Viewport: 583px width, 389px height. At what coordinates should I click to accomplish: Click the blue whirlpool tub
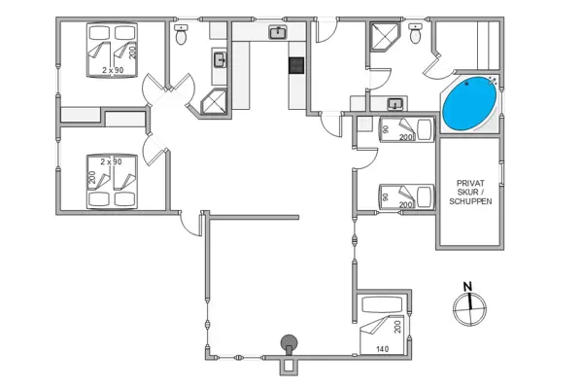(470, 104)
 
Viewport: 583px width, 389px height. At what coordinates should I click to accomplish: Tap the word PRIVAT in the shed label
(470, 183)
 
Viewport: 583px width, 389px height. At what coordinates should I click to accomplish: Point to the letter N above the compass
(467, 286)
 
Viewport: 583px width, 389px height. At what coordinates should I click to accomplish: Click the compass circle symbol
(469, 308)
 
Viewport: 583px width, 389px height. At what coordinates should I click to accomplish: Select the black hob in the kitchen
(296, 65)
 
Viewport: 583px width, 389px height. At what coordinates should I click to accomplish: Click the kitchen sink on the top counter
(278, 33)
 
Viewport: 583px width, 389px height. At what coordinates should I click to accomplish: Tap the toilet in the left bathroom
(181, 34)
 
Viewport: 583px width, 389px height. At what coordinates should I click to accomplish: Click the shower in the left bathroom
(214, 101)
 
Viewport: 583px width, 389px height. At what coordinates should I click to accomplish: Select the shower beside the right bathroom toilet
(384, 36)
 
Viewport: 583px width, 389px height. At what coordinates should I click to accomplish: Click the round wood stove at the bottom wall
(289, 343)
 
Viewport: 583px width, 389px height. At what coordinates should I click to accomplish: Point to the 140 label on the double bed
(382, 349)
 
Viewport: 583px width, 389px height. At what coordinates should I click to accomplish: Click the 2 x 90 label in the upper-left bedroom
(113, 70)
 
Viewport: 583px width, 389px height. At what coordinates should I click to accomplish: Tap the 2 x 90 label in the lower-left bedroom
(111, 162)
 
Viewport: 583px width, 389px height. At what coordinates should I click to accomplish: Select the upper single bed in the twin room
(406, 129)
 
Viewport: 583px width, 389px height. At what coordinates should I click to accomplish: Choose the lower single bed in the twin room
(406, 196)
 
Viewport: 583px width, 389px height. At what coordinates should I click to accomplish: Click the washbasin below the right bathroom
(394, 104)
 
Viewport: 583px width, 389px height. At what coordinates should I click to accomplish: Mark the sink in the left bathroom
(220, 60)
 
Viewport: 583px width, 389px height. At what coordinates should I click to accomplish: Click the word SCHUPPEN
(470, 201)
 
